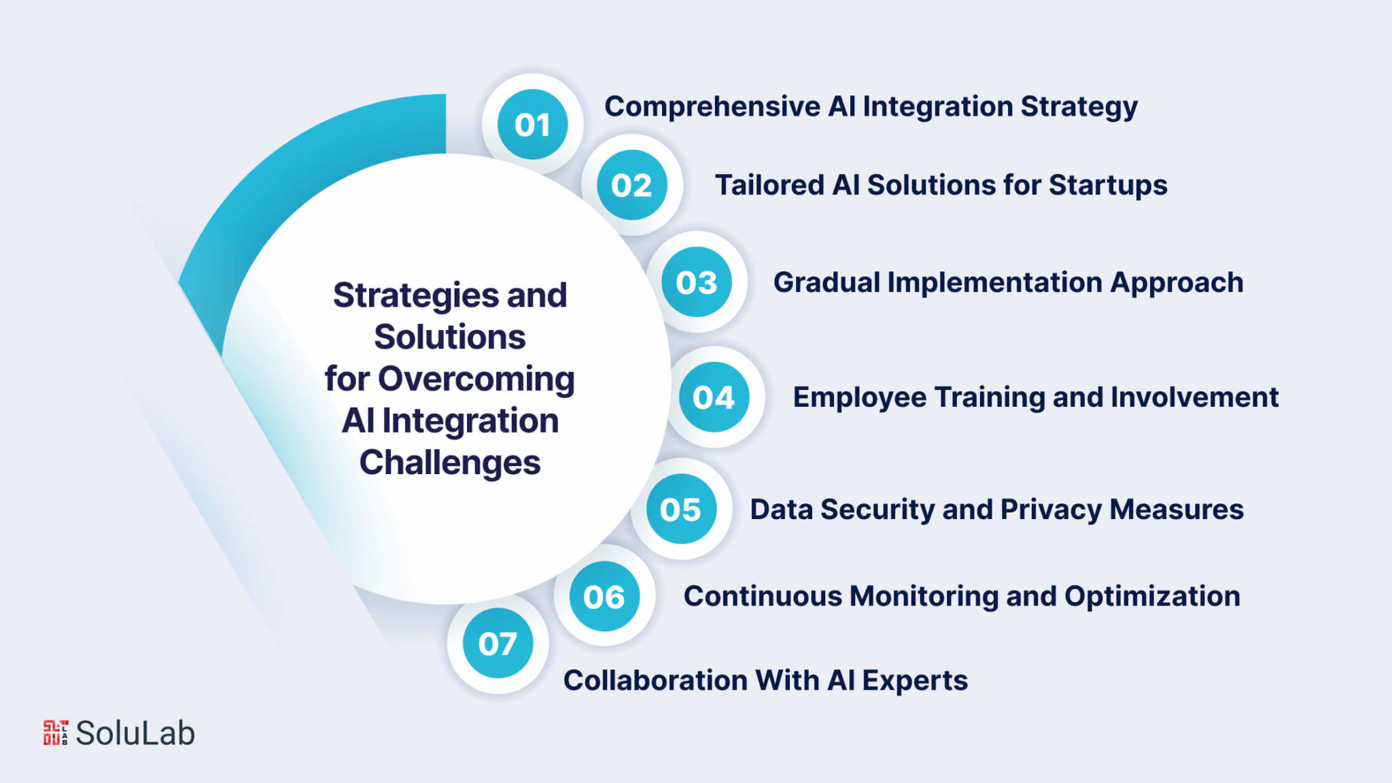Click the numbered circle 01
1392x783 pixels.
[532, 124]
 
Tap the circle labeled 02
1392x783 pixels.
[631, 185]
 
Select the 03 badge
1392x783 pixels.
[697, 282]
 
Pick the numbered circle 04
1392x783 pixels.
[714, 397]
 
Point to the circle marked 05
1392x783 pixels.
[681, 509]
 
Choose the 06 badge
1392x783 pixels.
[604, 597]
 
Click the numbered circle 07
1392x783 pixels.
[498, 643]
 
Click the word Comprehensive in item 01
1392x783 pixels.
[712, 107]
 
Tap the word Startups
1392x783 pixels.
[1108, 186]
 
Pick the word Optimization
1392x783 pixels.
[1152, 597]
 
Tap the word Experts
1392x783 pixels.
[915, 681]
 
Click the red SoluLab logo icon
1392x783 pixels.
[56, 733]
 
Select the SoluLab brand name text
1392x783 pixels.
[135, 733]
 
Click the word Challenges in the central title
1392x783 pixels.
[450, 463]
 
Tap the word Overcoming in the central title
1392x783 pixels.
[476, 380]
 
